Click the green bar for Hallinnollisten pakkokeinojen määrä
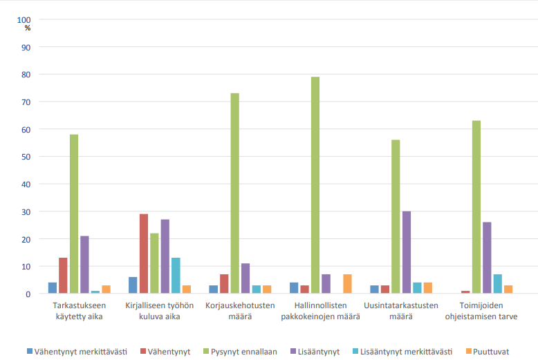tap(315, 185)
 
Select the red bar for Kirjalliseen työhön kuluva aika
tap(143, 254)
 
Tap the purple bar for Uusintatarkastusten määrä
tap(407, 252)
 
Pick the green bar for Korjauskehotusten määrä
tap(234, 193)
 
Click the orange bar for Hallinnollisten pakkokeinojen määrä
tap(347, 284)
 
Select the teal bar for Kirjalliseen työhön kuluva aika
tap(176, 276)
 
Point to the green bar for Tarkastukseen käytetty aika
tap(73, 214)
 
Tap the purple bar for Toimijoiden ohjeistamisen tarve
tap(487, 258)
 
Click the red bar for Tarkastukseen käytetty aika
tap(63, 276)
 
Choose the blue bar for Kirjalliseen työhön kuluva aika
tap(133, 285)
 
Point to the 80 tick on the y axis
tap(26, 75)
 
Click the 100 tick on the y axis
tap(24, 19)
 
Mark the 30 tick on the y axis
tap(26, 211)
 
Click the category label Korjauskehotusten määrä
tap(240, 311)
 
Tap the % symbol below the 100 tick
tap(28, 28)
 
